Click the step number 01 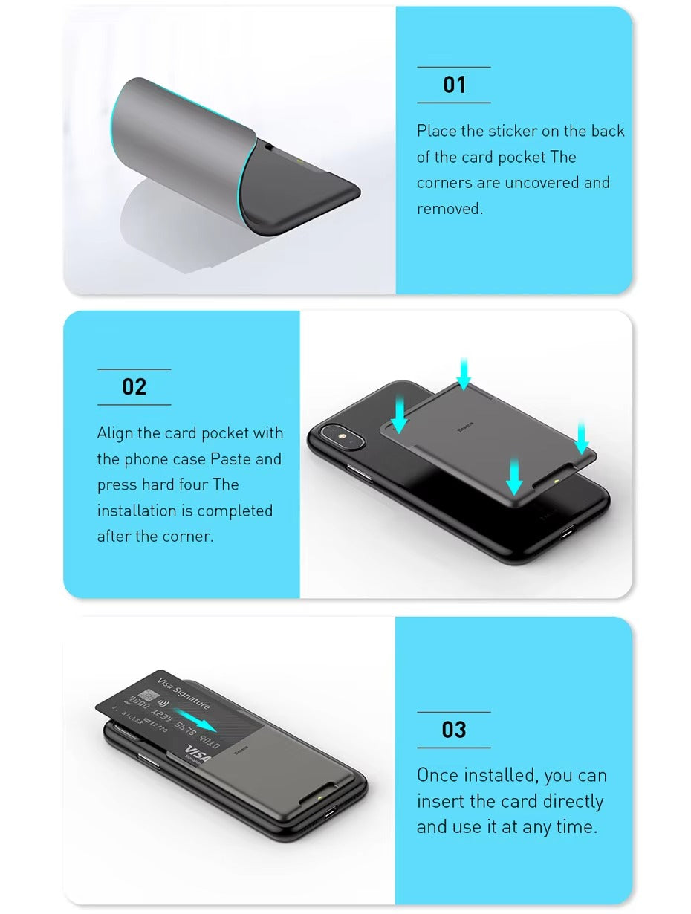point(454,85)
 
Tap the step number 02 point(134,387)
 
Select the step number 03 point(454,730)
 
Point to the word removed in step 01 point(450,209)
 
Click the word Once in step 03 point(438,776)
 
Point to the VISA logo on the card point(198,753)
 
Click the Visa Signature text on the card point(184,694)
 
